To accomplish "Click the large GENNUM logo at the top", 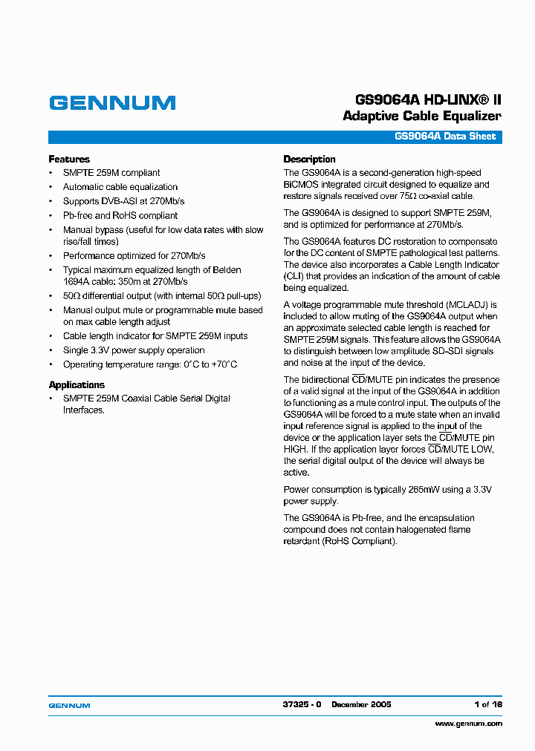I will tap(112, 103).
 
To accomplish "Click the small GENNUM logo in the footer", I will tap(69, 705).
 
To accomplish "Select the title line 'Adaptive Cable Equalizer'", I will tap(421, 117).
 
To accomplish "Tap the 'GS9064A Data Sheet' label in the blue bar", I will tap(444, 137).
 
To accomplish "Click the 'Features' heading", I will tap(69, 160).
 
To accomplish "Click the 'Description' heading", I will tap(309, 160).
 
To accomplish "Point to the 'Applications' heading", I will tap(77, 385).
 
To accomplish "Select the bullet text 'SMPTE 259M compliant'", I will tap(111, 173).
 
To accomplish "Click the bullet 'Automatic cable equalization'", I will tap(120, 187).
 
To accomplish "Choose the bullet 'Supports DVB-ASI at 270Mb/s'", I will tap(123, 201).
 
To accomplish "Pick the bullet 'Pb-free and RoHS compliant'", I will tap(120, 216).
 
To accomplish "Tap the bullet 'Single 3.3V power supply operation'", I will tap(134, 350).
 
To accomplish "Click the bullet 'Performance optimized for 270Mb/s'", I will tap(134, 256).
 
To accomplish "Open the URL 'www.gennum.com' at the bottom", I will tap(468, 724).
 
